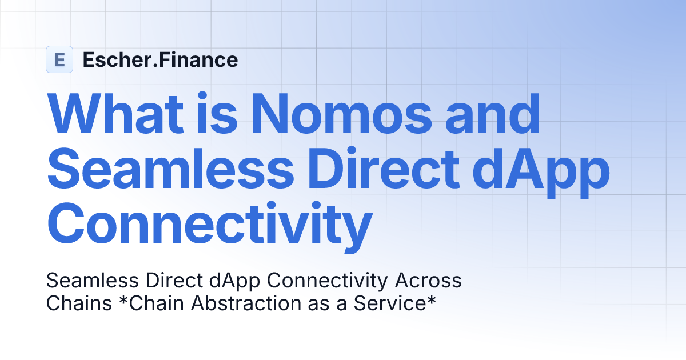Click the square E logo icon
coord(59,59)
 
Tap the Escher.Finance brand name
coord(160,59)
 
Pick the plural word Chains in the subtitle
coord(79,303)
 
